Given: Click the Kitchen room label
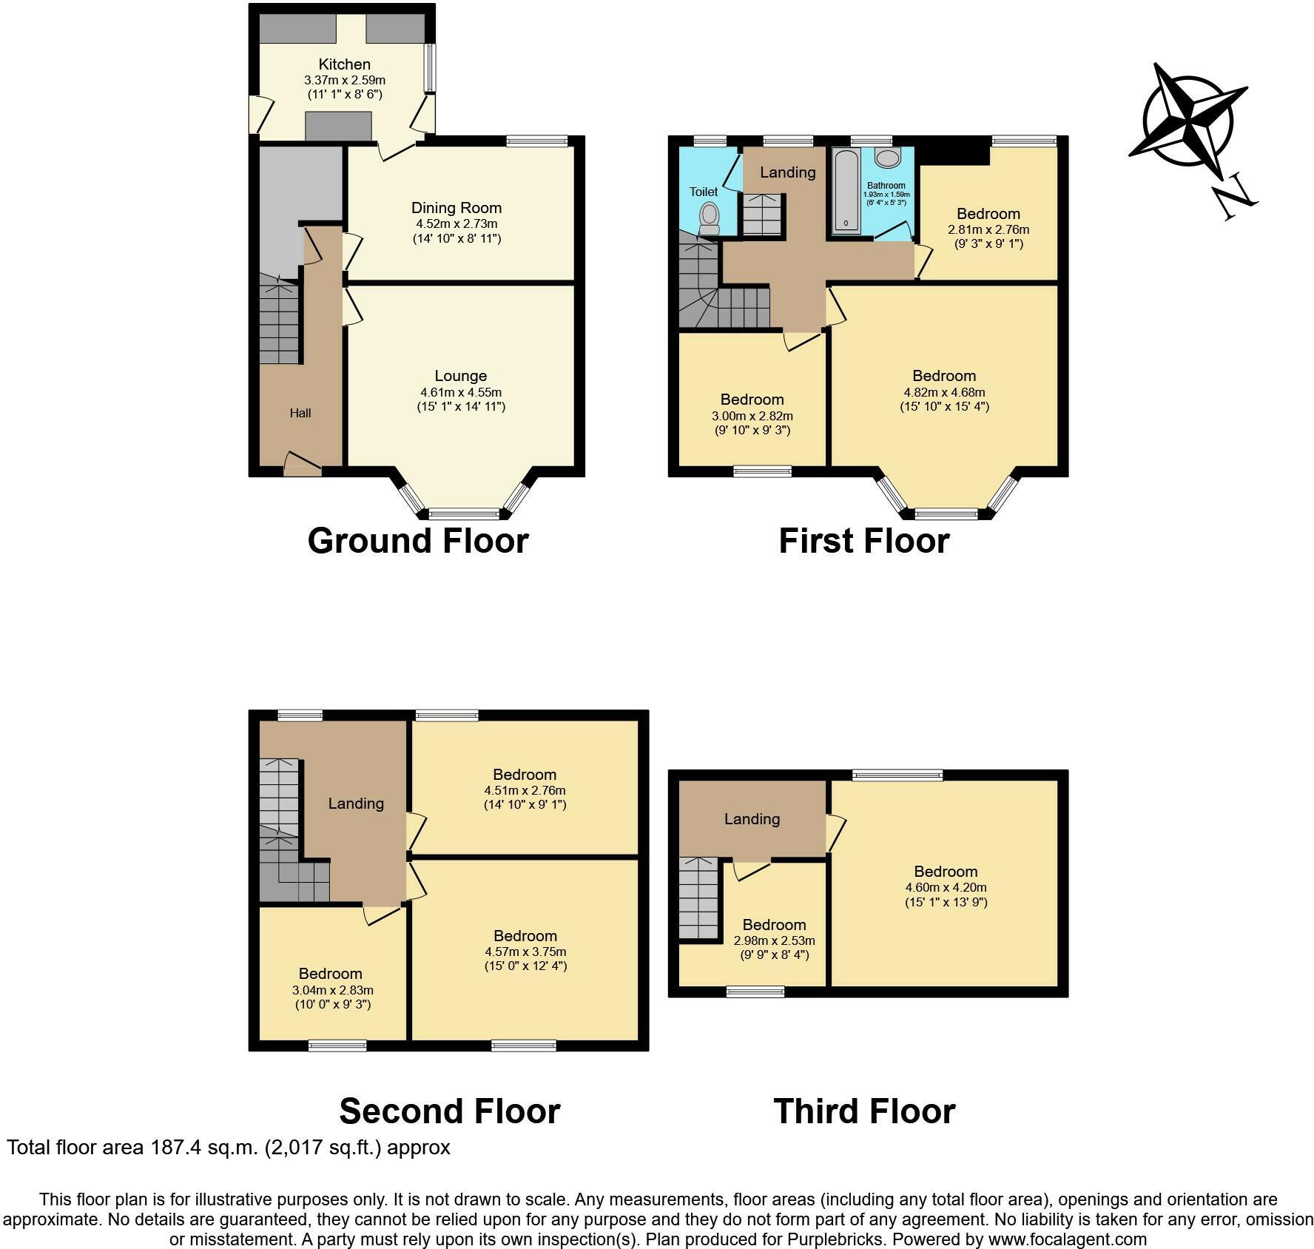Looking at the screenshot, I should pyautogui.click(x=344, y=64).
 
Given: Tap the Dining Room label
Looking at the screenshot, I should pyautogui.click(x=456, y=208).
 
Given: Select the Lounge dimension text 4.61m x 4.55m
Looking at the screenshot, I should pyautogui.click(x=460, y=392).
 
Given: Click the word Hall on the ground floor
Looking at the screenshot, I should pyautogui.click(x=300, y=413).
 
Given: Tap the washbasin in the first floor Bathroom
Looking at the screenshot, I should pyautogui.click(x=886, y=157).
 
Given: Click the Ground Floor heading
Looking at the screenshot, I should pyautogui.click(x=417, y=541).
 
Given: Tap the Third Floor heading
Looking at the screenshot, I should pyautogui.click(x=864, y=1111).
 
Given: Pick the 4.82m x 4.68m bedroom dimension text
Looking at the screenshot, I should pyautogui.click(x=944, y=392).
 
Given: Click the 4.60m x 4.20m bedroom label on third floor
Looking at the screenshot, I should pyautogui.click(x=946, y=887).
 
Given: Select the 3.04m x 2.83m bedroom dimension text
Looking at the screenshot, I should pyautogui.click(x=332, y=990).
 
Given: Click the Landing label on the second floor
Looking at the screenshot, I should pyautogui.click(x=356, y=803).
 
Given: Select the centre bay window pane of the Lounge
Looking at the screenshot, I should pyautogui.click(x=465, y=513).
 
